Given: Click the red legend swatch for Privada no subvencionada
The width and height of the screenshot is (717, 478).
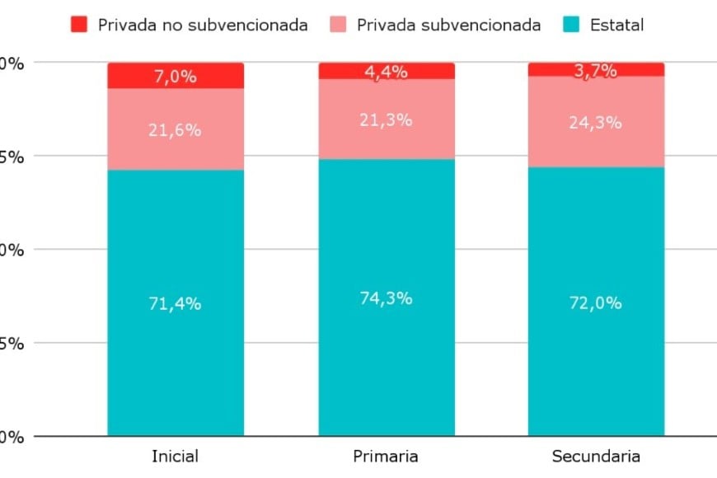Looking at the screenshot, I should click(80, 25).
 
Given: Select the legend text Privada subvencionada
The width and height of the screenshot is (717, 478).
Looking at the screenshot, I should click(448, 25).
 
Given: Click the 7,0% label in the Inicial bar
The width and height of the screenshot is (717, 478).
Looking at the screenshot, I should click(176, 77).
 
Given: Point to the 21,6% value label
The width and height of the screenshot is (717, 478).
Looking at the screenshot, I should click(176, 130).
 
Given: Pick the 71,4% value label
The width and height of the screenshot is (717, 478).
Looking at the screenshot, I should click(176, 303).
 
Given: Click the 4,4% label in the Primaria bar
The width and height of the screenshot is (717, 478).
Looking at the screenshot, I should click(387, 72).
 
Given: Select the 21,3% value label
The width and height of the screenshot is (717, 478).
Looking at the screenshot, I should click(387, 120).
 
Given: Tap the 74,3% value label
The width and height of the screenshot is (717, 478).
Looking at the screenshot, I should click(387, 298).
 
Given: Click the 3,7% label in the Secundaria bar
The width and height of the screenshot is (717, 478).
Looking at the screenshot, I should click(596, 71).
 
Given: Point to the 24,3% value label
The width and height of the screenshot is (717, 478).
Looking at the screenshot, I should click(596, 123).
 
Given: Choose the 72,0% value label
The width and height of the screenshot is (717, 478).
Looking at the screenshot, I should click(596, 303).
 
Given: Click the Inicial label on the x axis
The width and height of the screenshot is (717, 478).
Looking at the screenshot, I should click(176, 456).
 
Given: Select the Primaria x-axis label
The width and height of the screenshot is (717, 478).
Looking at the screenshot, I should click(386, 456).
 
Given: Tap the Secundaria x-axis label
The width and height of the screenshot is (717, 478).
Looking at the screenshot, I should click(596, 456).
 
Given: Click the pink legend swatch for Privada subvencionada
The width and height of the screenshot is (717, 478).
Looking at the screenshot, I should click(339, 25).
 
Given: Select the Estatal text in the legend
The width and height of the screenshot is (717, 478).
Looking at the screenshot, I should click(616, 25).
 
